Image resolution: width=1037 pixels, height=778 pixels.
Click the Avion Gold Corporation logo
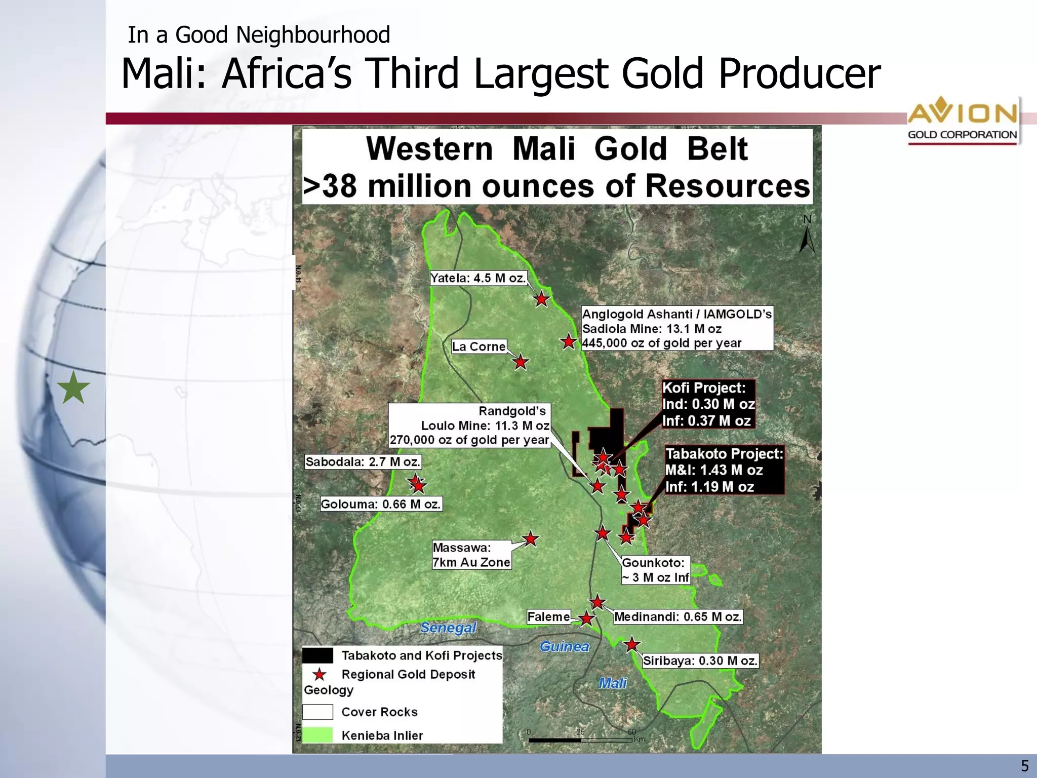click(962, 121)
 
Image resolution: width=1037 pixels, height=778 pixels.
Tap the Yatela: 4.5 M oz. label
click(478, 278)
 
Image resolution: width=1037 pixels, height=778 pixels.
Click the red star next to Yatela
click(542, 299)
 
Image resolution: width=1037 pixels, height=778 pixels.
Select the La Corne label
click(478, 346)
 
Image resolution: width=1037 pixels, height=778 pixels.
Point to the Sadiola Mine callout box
click(676, 328)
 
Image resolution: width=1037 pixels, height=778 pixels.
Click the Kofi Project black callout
click(708, 404)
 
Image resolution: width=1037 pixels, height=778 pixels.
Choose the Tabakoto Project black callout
click(724, 470)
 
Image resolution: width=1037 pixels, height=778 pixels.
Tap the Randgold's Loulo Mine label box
click(469, 425)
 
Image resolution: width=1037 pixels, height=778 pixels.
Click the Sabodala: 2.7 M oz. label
click(363, 461)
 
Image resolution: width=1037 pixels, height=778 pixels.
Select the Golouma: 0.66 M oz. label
click(381, 504)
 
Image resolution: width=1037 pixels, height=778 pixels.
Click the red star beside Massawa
click(530, 539)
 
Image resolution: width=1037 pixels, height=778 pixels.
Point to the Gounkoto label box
click(655, 570)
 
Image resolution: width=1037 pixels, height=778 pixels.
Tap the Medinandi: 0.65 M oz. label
click(678, 616)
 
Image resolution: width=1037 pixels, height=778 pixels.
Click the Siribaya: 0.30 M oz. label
click(700, 660)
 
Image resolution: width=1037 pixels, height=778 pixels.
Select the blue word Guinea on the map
click(564, 646)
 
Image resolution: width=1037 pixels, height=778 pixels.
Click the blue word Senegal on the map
click(448, 628)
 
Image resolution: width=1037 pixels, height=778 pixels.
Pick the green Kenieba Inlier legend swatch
click(317, 735)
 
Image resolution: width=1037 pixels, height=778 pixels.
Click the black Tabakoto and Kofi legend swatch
click(317, 655)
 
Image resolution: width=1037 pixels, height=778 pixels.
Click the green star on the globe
click(73, 388)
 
